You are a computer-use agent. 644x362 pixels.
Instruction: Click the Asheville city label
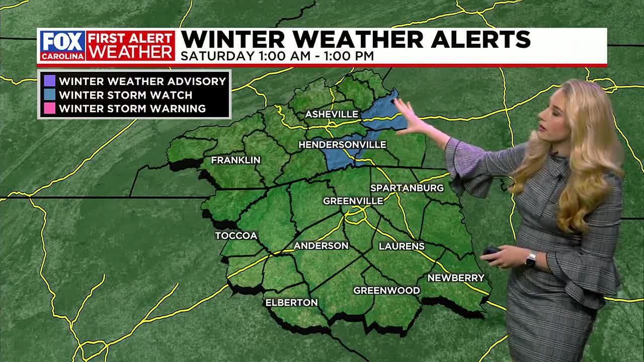click(x=331, y=115)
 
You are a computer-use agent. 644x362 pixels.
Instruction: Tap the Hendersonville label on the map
click(x=342, y=145)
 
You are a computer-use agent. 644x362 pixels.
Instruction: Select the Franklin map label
click(x=235, y=160)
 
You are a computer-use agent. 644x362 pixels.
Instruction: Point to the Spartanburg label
click(x=407, y=188)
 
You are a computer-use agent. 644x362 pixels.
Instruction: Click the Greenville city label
click(x=353, y=201)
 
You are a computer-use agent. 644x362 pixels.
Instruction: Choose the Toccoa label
click(x=236, y=236)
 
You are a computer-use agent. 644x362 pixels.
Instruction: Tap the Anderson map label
click(x=321, y=246)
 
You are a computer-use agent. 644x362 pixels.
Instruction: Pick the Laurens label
click(x=401, y=246)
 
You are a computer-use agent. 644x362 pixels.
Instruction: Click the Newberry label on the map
click(x=456, y=278)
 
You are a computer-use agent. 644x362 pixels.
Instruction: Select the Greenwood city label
click(x=386, y=291)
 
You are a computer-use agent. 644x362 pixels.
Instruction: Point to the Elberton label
click(x=291, y=303)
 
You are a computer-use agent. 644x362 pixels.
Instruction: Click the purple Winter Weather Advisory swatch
click(x=49, y=81)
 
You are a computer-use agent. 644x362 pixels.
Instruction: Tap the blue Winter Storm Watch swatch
click(x=49, y=95)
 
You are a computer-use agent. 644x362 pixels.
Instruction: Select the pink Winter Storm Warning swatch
click(x=49, y=108)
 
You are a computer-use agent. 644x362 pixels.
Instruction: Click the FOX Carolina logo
click(x=62, y=46)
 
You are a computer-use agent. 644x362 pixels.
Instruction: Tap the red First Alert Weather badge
click(x=130, y=46)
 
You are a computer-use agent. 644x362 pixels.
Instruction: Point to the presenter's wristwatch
click(x=530, y=259)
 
